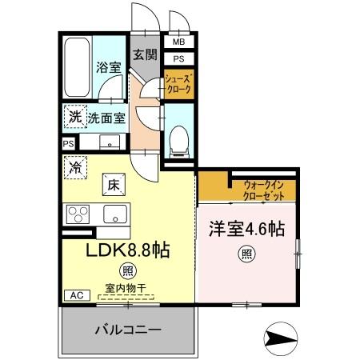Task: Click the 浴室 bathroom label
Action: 109,67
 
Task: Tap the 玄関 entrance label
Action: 144,55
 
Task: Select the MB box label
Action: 178,42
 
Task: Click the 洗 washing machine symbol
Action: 74,116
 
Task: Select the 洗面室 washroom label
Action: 106,117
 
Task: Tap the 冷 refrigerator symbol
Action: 74,169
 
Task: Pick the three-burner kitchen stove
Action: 79,214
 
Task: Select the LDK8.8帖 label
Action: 128,249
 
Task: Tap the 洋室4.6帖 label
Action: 246,227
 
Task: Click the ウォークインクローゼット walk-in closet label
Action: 267,190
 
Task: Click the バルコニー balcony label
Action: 130,329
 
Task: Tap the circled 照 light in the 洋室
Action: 247,256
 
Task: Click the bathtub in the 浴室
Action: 78,66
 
